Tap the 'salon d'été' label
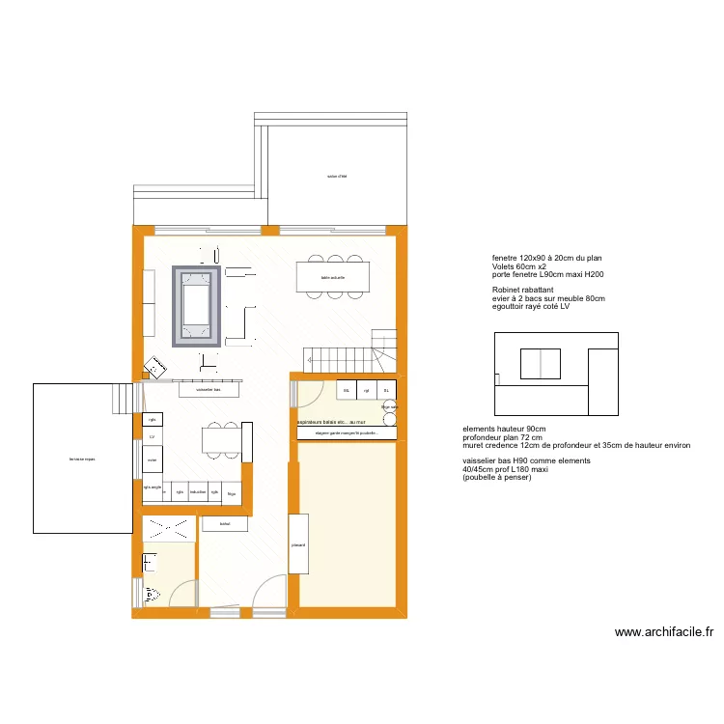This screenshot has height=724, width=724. [337, 177]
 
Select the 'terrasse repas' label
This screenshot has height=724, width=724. [82, 459]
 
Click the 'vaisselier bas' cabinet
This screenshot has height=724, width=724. [209, 389]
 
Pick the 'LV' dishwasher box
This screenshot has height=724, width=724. [153, 436]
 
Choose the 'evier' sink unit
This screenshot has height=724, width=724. [153, 459]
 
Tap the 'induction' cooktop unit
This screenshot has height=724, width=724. [198, 492]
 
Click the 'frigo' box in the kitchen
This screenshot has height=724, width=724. [231, 492]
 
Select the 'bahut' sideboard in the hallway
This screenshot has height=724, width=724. [225, 524]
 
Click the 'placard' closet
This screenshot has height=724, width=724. [298, 544]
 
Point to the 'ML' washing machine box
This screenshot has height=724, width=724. [346, 390]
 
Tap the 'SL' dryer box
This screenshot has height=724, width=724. [386, 390]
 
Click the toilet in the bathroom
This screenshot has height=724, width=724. [151, 595]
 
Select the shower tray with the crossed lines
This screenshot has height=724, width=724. [168, 528]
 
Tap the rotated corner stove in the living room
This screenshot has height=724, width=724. [154, 368]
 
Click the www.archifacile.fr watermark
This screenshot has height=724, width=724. [663, 633]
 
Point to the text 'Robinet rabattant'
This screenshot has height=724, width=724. [521, 290]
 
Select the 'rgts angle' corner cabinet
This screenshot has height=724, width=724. [153, 488]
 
